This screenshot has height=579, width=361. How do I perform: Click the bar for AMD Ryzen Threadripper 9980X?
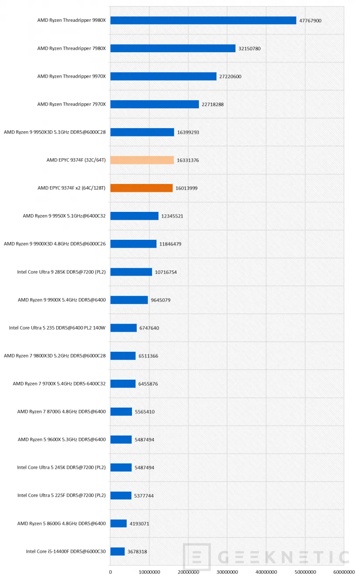203,20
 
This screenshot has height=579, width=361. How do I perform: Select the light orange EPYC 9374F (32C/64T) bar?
142,160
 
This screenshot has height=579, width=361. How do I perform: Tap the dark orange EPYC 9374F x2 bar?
142,188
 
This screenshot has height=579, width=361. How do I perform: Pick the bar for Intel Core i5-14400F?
118,552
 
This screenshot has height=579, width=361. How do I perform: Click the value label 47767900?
310,20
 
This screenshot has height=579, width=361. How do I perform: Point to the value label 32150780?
250,48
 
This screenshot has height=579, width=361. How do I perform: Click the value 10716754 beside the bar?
166,272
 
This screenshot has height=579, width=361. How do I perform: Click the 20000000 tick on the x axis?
188,572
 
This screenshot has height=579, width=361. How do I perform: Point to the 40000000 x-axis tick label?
266,572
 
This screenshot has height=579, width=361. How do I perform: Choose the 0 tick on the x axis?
110,572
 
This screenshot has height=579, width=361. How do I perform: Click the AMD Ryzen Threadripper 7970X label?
71,104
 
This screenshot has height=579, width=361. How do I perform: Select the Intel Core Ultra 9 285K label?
61,272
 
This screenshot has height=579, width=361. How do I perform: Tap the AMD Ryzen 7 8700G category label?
61,412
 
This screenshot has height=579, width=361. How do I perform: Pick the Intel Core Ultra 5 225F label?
61,495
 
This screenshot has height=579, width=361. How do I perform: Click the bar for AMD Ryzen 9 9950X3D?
142,132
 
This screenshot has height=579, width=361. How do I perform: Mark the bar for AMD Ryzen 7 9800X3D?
123,356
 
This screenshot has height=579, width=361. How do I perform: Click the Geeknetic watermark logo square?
197,557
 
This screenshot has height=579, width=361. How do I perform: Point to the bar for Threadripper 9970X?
163,76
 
